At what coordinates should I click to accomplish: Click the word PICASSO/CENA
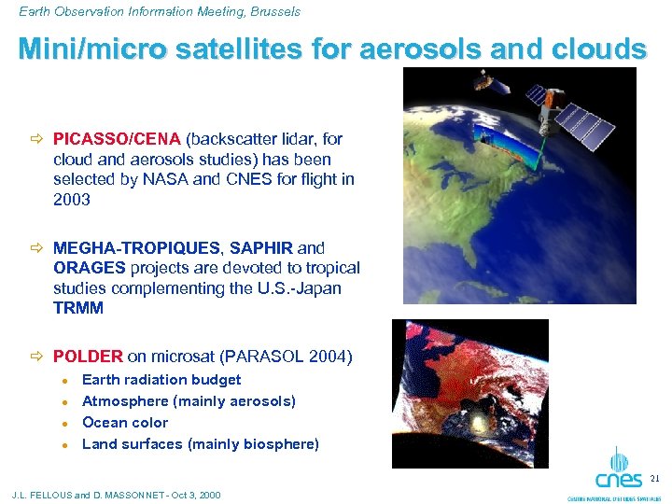[x=118, y=139]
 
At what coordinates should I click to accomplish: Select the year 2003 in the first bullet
[x=72, y=200]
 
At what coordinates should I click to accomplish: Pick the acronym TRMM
[x=78, y=309]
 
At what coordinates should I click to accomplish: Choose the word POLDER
[x=88, y=356]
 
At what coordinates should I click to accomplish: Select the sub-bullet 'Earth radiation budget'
[x=161, y=380]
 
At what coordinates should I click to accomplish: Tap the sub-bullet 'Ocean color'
[x=125, y=423]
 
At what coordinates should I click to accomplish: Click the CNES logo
[x=619, y=472]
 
